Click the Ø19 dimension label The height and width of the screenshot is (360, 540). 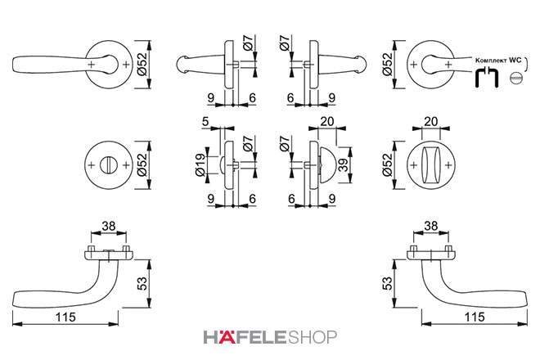[x=200, y=164]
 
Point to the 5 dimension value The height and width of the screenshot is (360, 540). [x=205, y=121]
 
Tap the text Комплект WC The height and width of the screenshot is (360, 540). [x=498, y=61]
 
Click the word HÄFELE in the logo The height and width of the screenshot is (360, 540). [x=245, y=337]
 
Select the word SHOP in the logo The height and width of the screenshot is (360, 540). [x=312, y=337]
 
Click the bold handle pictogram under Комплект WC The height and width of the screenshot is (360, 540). [x=487, y=78]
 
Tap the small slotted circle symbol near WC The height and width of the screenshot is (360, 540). [x=516, y=78]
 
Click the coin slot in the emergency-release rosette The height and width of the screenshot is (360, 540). [x=109, y=164]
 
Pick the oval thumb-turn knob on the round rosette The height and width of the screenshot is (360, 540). [x=431, y=165]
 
